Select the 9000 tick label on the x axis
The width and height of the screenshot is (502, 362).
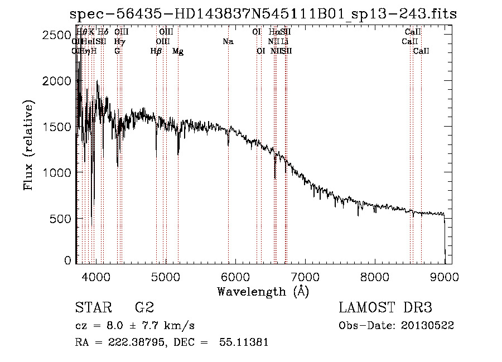pyautogui.click(x=445, y=277)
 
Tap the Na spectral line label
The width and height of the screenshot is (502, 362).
pyautogui.click(x=228, y=42)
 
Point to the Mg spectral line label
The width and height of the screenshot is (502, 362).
pyautogui.click(x=178, y=51)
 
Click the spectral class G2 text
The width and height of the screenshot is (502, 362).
pyautogui.click(x=144, y=308)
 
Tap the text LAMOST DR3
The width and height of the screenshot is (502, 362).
pyautogui.click(x=385, y=308)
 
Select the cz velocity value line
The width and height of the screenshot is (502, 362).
pyautogui.click(x=134, y=325)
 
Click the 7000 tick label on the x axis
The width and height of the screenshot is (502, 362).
pyautogui.click(x=305, y=277)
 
